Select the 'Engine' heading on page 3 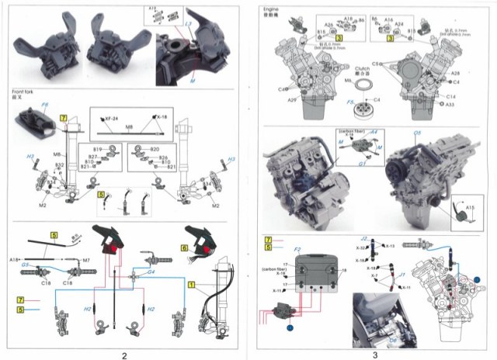pyautogui.click(x=272, y=7)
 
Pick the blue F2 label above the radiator pyautogui.click(x=297, y=250)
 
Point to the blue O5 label pyautogui.click(x=416, y=133)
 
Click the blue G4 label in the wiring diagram pyautogui.click(x=152, y=272)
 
